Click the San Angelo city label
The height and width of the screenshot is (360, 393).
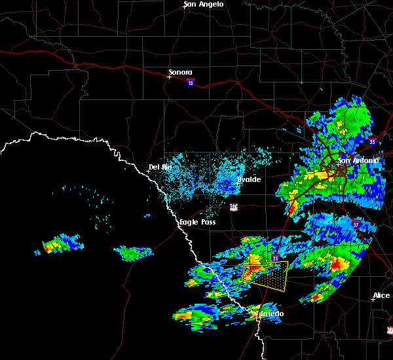tap(204, 4)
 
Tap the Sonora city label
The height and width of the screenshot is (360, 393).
tap(180, 72)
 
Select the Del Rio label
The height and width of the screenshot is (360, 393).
tap(160, 167)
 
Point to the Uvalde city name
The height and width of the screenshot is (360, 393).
tap(248, 179)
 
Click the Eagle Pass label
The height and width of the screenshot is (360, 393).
tap(198, 223)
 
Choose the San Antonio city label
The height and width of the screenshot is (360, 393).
tap(358, 160)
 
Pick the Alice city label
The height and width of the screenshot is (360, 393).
tap(381, 296)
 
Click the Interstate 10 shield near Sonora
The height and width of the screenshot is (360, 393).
tap(190, 82)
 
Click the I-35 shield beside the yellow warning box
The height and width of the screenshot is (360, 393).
tap(276, 259)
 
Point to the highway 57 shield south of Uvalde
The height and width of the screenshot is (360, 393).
tap(234, 207)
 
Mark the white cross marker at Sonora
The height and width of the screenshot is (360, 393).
tap(169, 77)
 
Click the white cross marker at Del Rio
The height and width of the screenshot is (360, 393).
tap(148, 171)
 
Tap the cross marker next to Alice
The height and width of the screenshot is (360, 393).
tap(373, 300)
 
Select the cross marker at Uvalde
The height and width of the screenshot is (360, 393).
tap(236, 184)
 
